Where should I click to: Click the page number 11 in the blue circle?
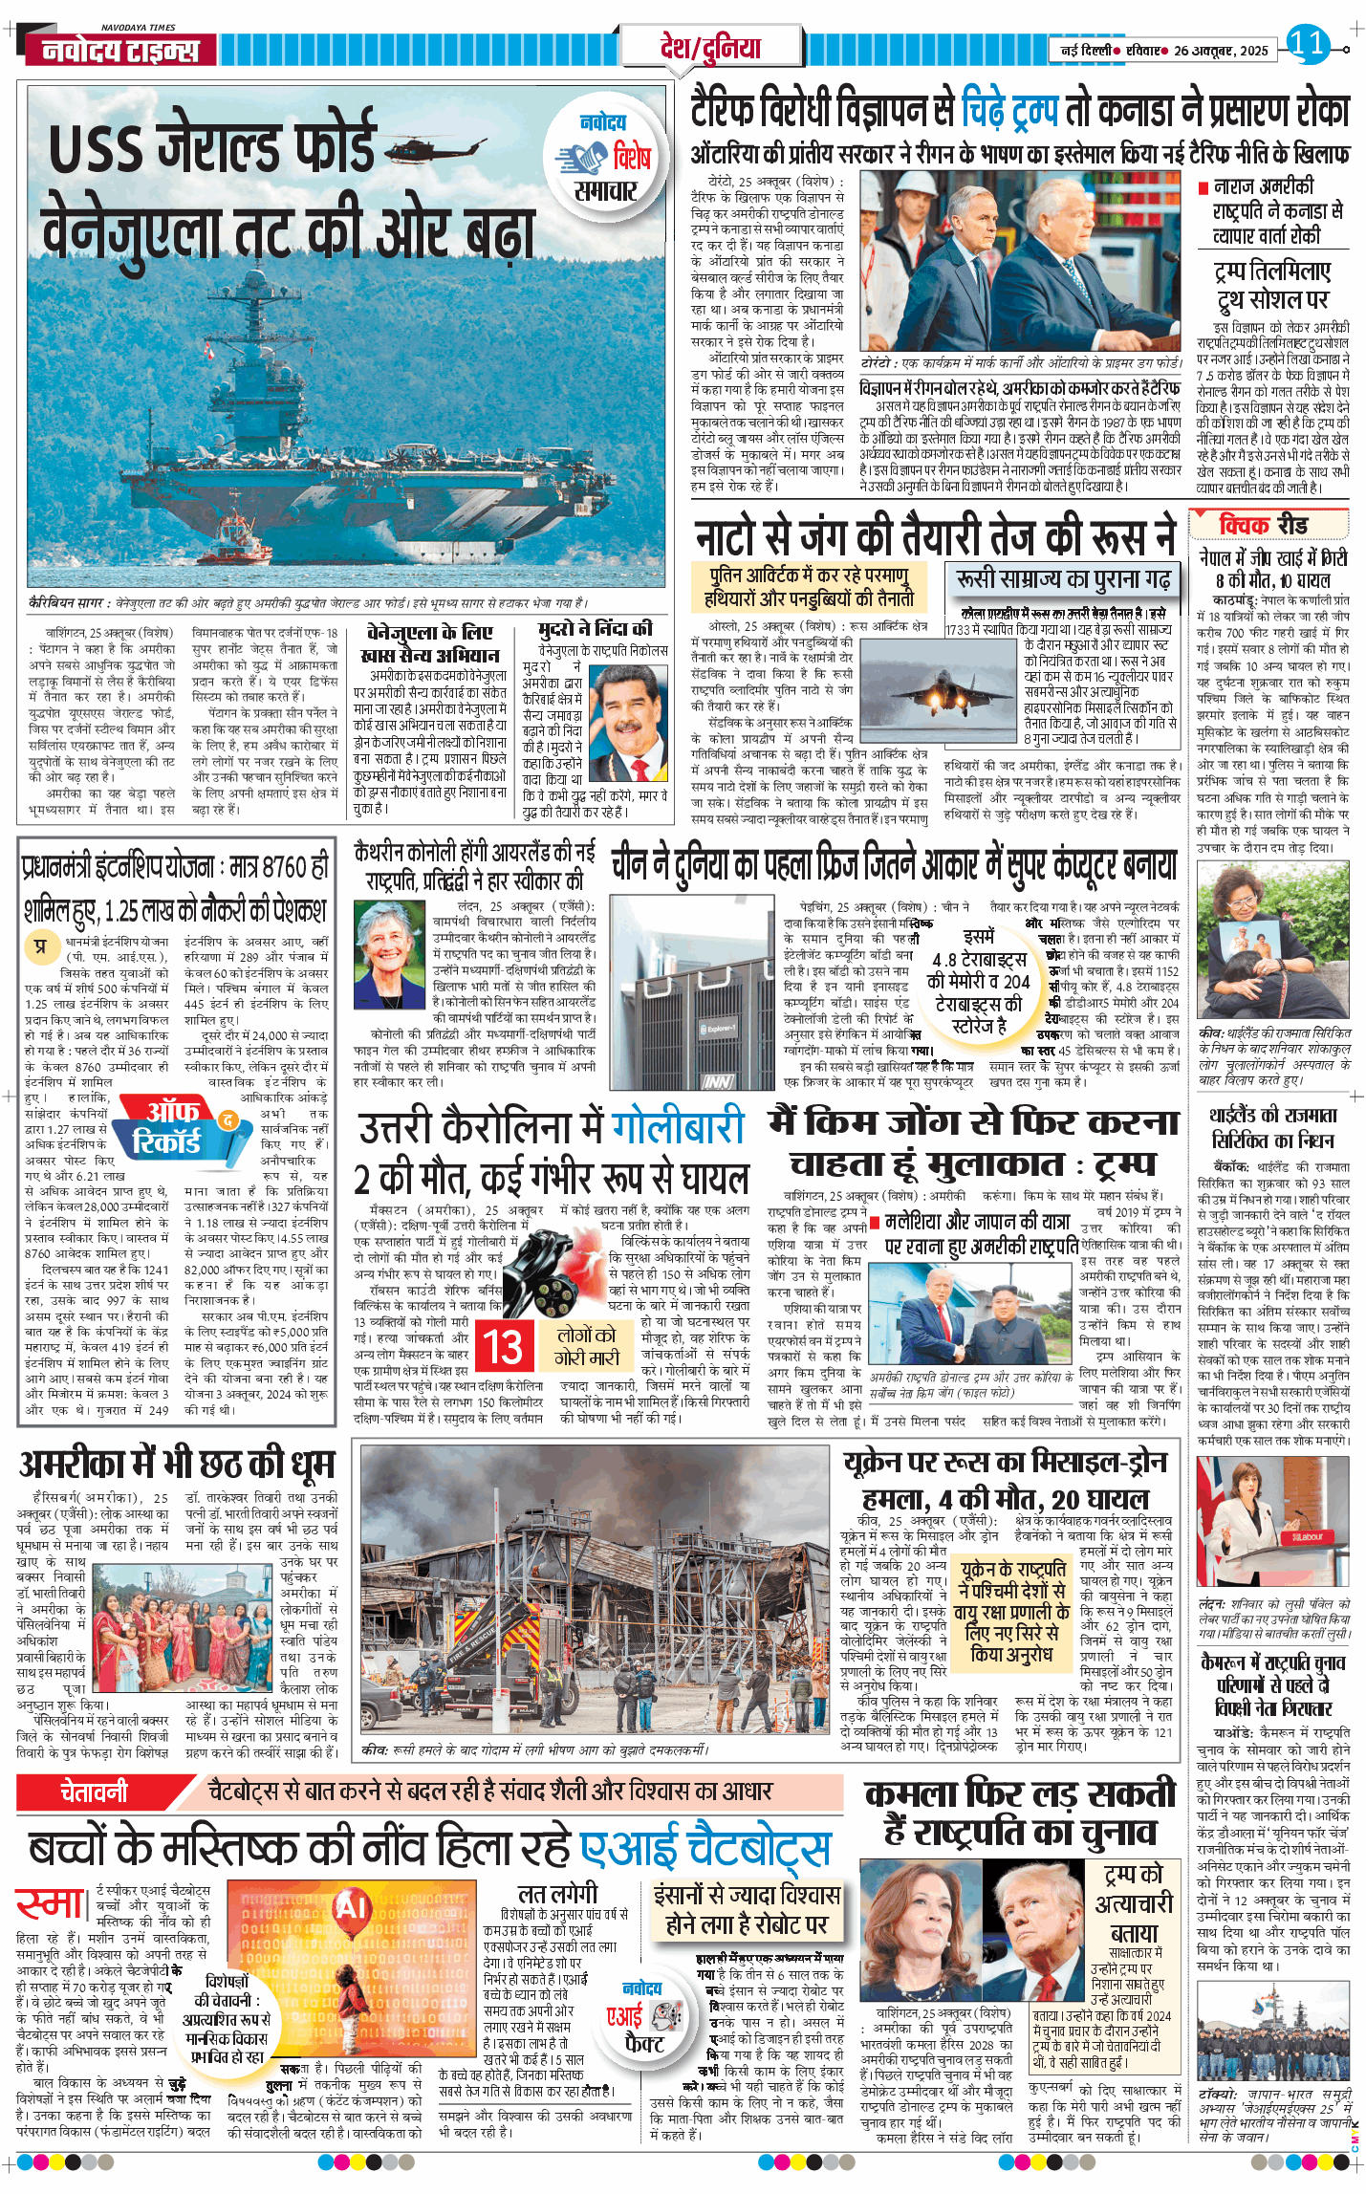[x=1307, y=43]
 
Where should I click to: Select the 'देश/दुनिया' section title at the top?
[x=710, y=47]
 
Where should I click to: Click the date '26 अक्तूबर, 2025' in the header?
[x=1221, y=51]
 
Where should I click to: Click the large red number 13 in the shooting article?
[x=503, y=1347]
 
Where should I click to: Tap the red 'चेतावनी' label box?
[x=94, y=1792]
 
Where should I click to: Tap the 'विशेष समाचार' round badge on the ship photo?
[x=604, y=158]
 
